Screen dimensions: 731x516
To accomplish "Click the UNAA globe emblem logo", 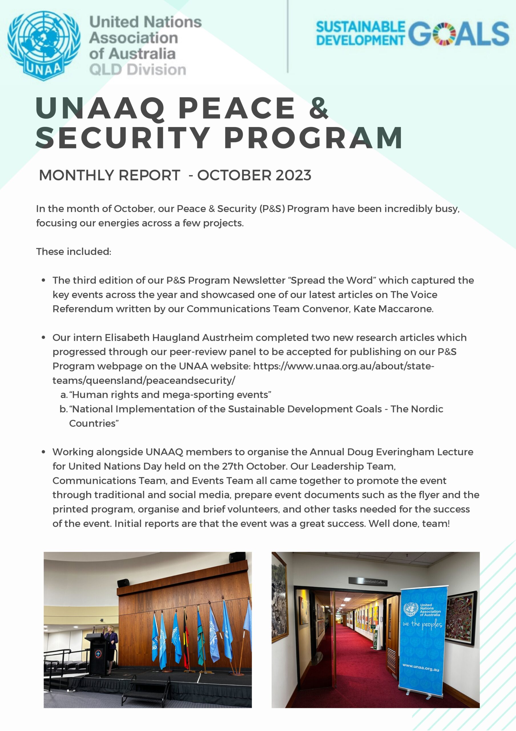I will click(x=44, y=45).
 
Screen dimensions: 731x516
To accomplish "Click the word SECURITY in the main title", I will click(x=122, y=138).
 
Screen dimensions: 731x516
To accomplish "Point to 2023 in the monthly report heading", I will click(x=293, y=175).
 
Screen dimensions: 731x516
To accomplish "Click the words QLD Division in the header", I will click(x=138, y=70).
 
